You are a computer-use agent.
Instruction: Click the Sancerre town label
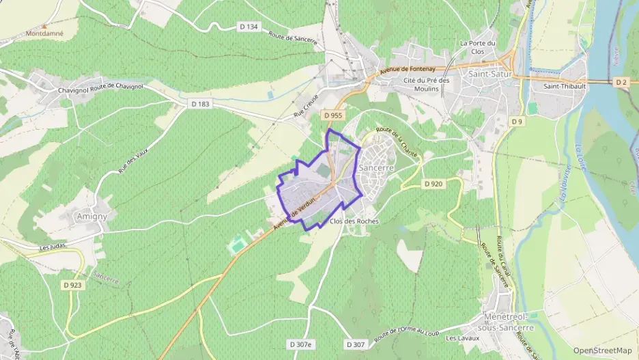coord(376,167)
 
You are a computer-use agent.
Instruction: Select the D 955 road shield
coord(332,115)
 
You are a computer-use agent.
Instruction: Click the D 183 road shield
coord(199,103)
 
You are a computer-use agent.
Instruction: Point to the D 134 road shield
coord(249,27)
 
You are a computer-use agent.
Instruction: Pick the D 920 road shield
coord(433,184)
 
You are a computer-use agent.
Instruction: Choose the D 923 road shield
coord(72,285)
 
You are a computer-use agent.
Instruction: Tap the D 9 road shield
coord(517,122)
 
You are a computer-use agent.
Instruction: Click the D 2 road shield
coord(621,82)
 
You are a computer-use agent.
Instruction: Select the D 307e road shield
coord(300,344)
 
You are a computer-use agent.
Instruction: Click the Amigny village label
coord(91,217)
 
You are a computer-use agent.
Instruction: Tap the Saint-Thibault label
coord(564,87)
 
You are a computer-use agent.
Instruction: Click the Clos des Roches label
coord(354,221)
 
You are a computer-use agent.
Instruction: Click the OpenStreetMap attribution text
coord(602,350)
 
